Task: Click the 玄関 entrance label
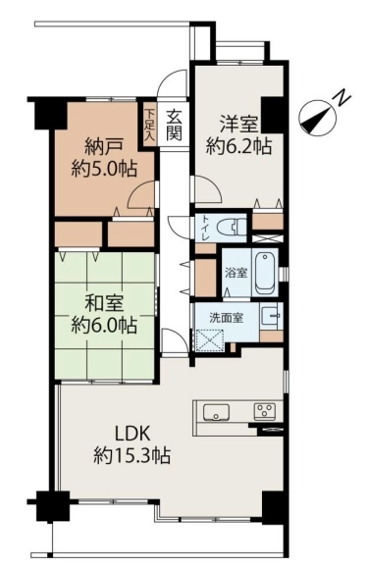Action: pos(174,125)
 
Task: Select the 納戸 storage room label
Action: pos(104,146)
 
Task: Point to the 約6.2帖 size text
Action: pos(238,146)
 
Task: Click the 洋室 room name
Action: pos(238,125)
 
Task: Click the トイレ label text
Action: pos(205,228)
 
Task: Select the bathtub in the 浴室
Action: pos(266,272)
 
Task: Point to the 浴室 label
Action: pos(236,273)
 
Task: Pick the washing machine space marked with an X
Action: pos(210,340)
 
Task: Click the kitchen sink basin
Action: pos(216,412)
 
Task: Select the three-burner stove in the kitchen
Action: pos(264,412)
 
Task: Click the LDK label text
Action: pos(132,434)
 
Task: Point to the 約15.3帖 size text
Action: pos(132,455)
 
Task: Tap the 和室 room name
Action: pos(104,304)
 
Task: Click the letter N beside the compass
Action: pos(342,98)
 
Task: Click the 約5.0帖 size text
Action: pos(104,169)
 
